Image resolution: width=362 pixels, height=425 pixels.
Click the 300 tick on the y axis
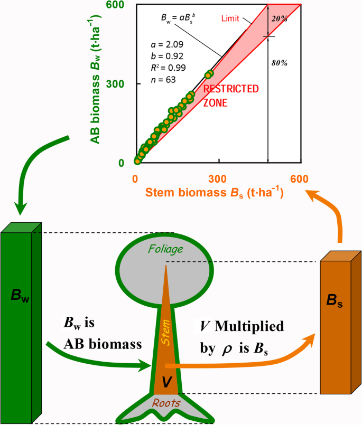coord(122,83)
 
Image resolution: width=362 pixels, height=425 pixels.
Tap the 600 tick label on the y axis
coord(122,5)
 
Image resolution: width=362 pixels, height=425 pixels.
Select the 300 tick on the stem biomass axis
coord(218,178)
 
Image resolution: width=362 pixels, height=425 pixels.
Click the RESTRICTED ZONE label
coord(231,96)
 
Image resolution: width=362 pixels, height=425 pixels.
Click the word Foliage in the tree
coord(166,249)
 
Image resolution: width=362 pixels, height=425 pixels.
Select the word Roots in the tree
coord(166,403)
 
